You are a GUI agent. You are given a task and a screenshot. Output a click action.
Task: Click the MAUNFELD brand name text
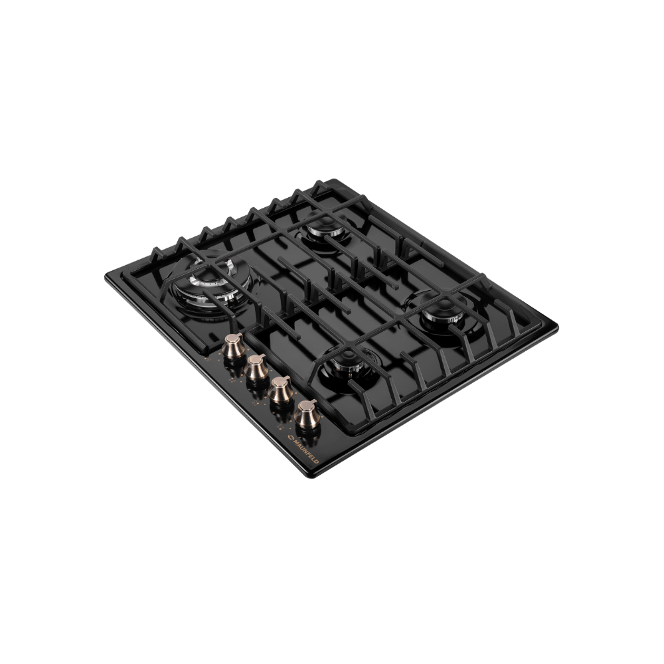(x=306, y=451)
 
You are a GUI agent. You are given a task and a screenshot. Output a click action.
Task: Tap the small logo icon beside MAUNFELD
(x=291, y=437)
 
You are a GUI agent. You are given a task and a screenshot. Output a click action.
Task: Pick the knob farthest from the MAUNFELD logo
(x=233, y=346)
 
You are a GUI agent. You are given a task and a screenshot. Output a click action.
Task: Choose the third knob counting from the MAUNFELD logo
(x=258, y=368)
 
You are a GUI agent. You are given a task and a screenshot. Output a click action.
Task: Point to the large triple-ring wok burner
(x=210, y=284)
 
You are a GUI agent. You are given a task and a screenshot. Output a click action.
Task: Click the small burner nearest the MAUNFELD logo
(x=347, y=369)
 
